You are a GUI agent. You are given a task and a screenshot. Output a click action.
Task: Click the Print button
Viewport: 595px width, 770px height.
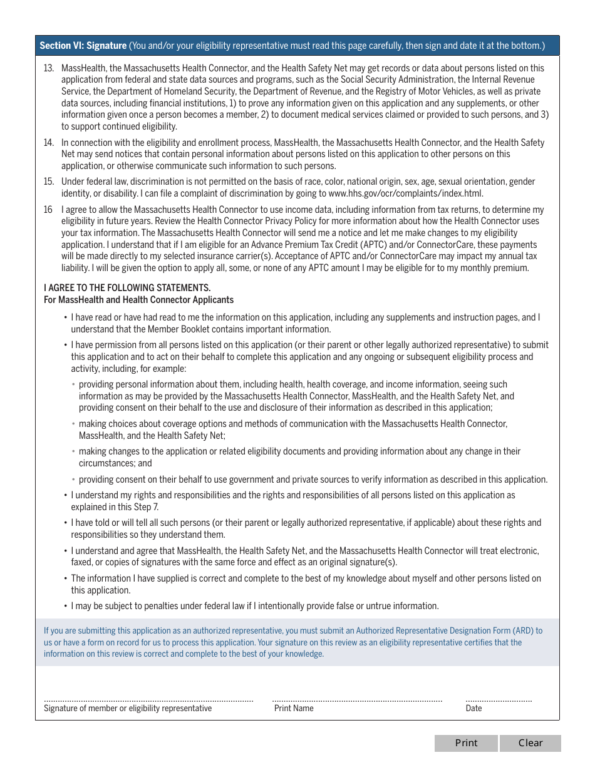466,743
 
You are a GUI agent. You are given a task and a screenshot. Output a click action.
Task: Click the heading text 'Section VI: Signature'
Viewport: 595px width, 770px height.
83,46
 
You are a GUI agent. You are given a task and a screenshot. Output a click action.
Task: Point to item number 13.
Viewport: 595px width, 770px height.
48,68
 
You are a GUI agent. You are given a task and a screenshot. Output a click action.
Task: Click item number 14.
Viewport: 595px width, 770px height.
48,143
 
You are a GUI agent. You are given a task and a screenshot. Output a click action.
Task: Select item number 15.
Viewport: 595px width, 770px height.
48,182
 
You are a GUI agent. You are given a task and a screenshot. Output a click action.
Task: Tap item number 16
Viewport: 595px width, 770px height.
48,210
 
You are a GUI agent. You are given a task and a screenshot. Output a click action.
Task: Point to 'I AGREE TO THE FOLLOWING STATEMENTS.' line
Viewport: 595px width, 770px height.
127,288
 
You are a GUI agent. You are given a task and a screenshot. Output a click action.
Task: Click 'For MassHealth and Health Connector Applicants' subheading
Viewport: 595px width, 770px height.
138,300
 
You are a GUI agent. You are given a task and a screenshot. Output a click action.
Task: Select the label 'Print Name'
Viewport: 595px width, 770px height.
294,709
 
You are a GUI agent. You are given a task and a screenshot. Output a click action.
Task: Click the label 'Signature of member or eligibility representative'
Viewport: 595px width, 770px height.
128,709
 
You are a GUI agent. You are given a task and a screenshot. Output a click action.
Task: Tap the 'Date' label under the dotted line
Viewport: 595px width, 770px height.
474,709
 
